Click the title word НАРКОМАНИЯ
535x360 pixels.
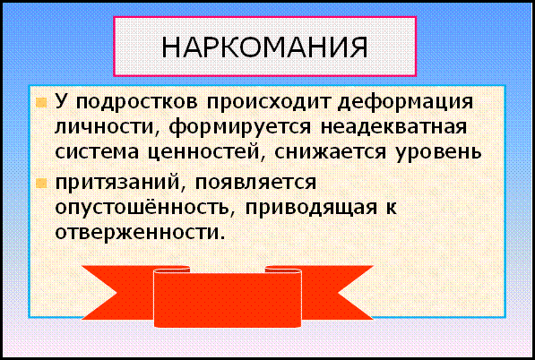click(264, 47)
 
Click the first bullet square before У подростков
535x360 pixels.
click(41, 102)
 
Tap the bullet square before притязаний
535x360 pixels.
click(41, 184)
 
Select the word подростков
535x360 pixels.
click(136, 102)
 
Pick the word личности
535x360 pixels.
click(108, 128)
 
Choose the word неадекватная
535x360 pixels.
click(393, 128)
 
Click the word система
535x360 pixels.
click(97, 153)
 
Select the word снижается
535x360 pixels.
click(330, 153)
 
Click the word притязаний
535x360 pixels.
click(120, 183)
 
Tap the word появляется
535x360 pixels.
click(255, 183)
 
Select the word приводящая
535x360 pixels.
click(311, 208)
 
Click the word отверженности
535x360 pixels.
click(140, 233)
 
